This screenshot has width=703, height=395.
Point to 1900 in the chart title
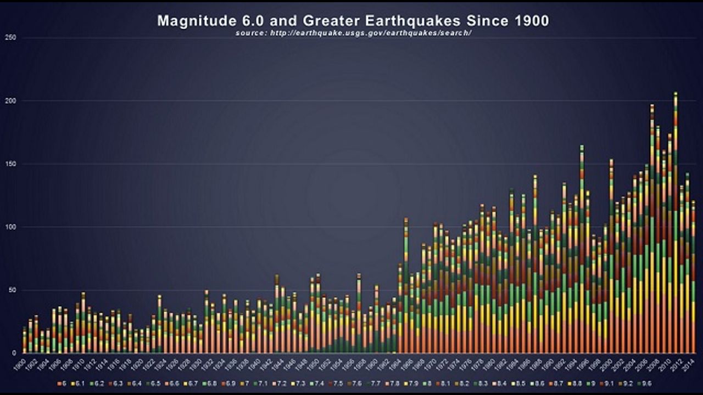(x=531, y=21)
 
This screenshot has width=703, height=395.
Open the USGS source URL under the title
(x=354, y=33)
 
